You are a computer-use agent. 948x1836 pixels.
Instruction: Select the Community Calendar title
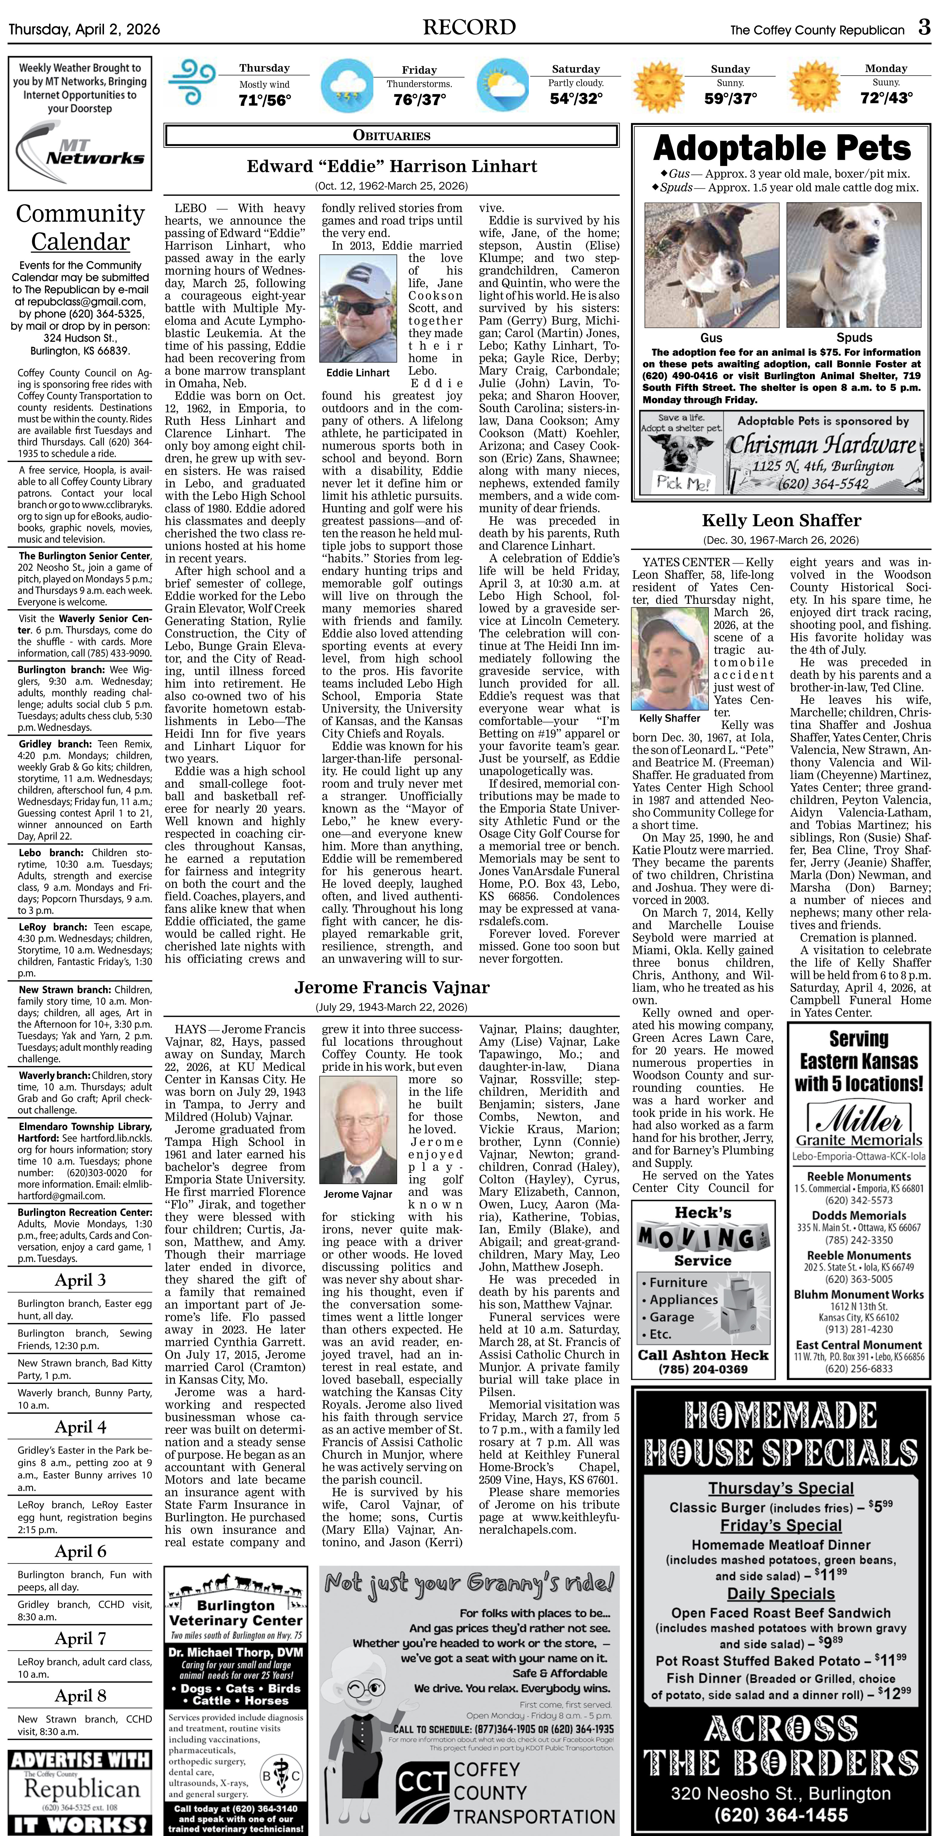click(x=81, y=227)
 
